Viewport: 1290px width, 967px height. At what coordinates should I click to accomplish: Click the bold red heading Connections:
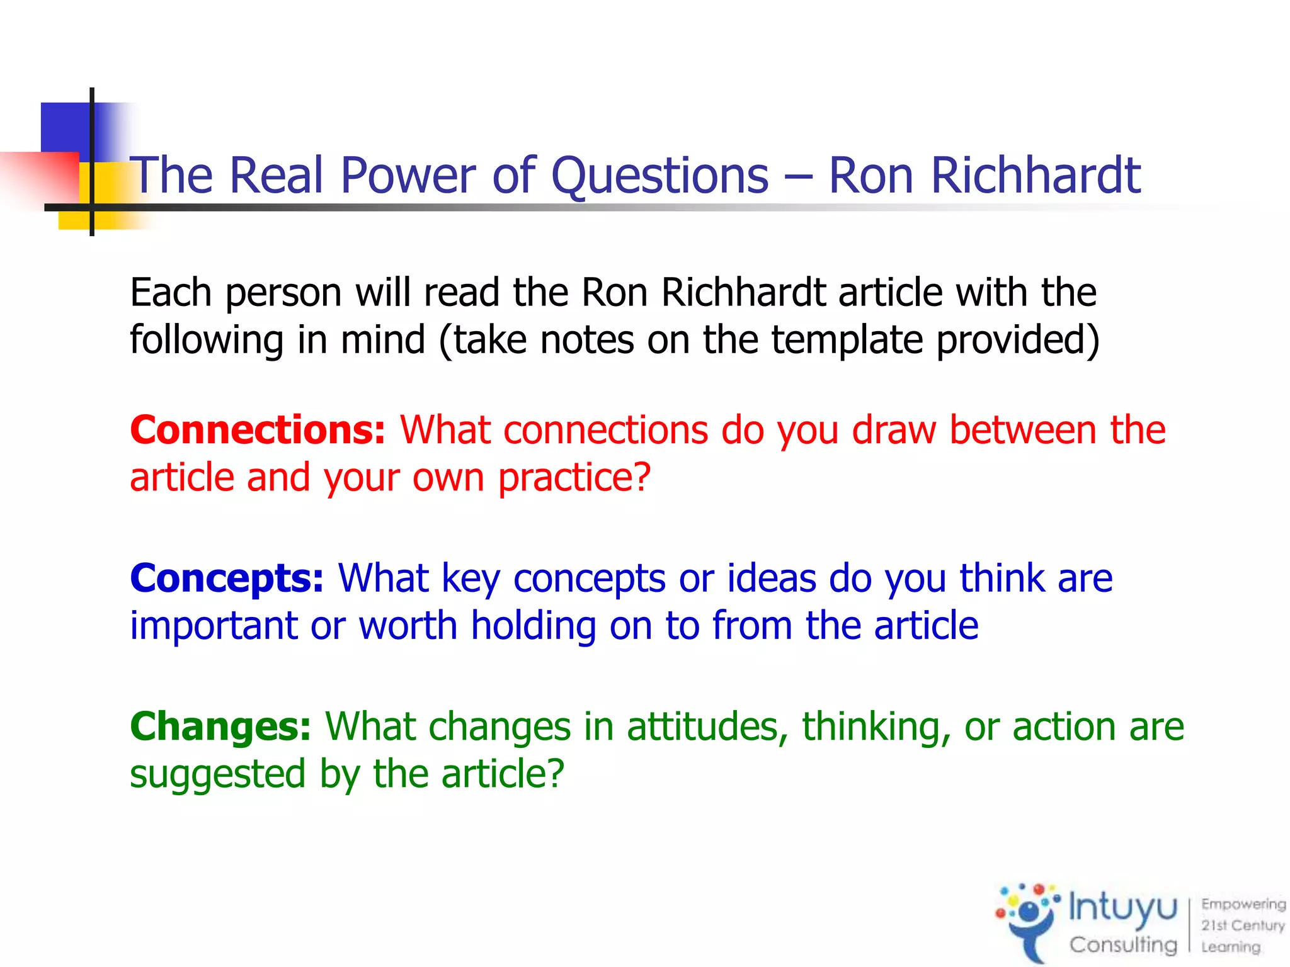(x=257, y=430)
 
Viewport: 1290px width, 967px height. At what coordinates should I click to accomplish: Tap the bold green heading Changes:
(x=220, y=727)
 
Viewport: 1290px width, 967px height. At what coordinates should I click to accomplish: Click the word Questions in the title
(x=659, y=176)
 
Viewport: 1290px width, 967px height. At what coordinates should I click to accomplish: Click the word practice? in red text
(x=574, y=478)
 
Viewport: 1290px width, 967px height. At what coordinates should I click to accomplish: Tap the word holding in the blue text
(x=534, y=626)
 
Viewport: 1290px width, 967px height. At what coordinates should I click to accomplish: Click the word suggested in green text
(x=217, y=774)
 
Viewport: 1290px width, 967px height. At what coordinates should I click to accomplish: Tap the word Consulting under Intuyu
(x=1122, y=944)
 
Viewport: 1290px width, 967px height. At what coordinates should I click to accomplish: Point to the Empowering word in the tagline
(x=1243, y=904)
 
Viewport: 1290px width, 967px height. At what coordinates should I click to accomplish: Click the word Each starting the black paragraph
(x=170, y=293)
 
